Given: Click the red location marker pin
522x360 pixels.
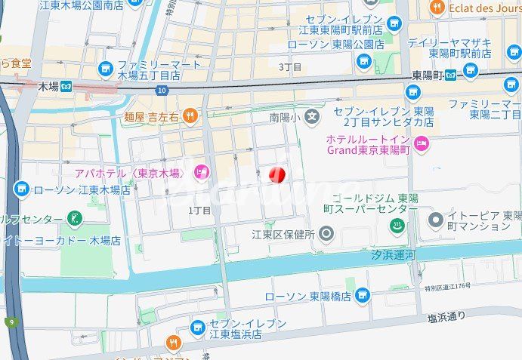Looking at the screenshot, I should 276,175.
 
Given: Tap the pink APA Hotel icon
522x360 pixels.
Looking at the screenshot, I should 201,174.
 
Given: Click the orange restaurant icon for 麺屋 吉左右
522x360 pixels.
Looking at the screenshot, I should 190,116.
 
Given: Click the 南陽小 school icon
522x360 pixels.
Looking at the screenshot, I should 314,117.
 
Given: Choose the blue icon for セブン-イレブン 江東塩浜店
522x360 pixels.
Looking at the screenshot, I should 198,328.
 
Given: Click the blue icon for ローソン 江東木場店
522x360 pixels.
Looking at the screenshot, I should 21,189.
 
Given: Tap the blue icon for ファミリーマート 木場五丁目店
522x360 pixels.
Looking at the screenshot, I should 105,69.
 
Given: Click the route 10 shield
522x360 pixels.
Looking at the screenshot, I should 162,91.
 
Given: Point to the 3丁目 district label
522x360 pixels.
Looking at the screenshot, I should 290,66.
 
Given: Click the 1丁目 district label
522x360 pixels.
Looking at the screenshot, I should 199,211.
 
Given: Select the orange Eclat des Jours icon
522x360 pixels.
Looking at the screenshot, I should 437,8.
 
